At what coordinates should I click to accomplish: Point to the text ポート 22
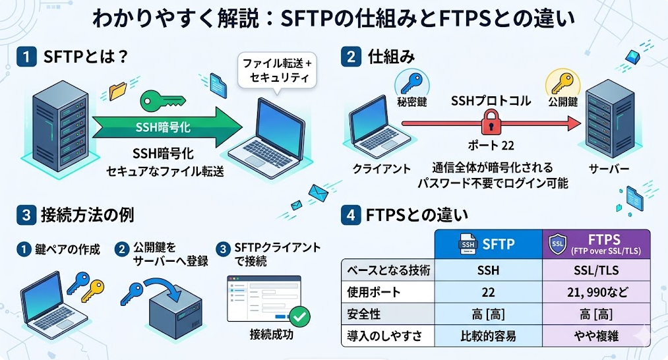pos(489,145)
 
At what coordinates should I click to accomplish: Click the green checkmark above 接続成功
pos(300,316)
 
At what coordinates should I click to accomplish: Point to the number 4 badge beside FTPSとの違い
pos(349,216)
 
